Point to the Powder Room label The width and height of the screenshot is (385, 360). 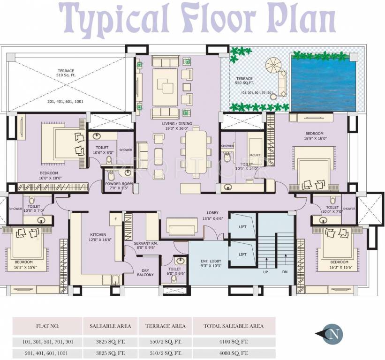pyautogui.click(x=119, y=186)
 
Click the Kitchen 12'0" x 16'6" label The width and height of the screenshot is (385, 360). pyautogui.click(x=98, y=237)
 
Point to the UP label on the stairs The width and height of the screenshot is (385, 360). pyautogui.click(x=265, y=271)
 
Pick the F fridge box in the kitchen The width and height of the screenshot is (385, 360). pyautogui.click(x=115, y=218)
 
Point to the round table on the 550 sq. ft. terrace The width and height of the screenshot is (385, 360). pyautogui.click(x=272, y=64)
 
